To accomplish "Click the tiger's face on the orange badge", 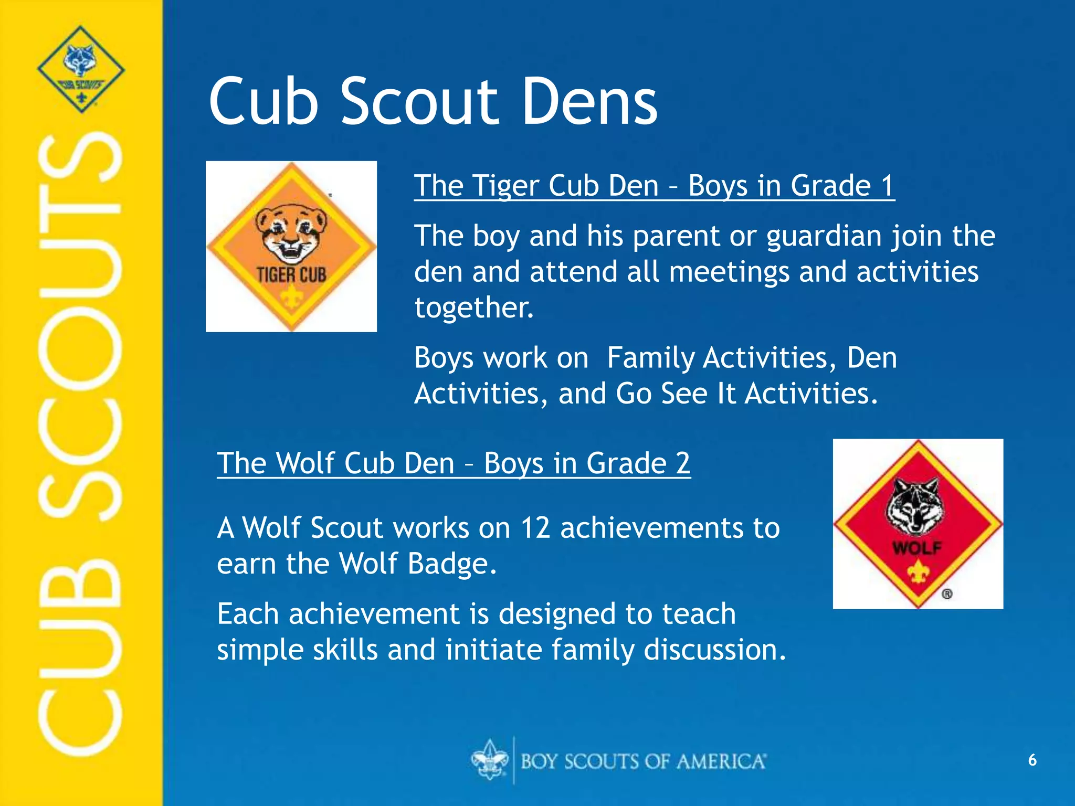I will click(291, 231).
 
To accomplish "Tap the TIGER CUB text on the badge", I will click(291, 274).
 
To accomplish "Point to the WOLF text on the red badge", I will click(918, 548).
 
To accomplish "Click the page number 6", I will click(1032, 760).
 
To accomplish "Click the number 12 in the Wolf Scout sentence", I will click(535, 528).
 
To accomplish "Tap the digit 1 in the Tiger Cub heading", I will click(887, 186).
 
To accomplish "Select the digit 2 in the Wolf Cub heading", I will click(682, 463).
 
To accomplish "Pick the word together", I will click(473, 307).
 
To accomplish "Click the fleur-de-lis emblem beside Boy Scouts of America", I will click(490, 760).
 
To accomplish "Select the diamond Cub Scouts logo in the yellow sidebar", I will click(81, 69).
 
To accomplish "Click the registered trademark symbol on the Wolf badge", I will click(947, 594).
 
